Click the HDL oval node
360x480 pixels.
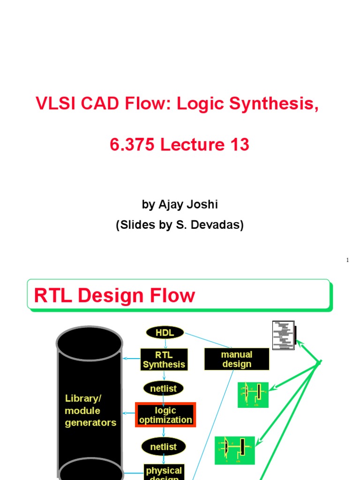pos(165,332)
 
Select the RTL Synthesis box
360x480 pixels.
pos(164,359)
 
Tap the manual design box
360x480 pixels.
pos(237,359)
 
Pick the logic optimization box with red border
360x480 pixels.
pos(165,415)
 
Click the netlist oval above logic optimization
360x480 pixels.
pos(164,388)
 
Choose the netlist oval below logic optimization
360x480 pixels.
pos(164,447)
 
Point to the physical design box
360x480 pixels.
pos(164,472)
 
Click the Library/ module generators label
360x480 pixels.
pos(90,410)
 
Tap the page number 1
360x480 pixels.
pos(347,260)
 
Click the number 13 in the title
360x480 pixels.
pos(239,145)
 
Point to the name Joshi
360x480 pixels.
pos(203,204)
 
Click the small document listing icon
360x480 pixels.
pos(284,335)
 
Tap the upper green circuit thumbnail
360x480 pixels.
pos(253,395)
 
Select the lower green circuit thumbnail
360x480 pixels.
pos(235,450)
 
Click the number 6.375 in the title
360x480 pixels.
pos(132,145)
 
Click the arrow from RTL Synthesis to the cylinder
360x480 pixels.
pos(132,359)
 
